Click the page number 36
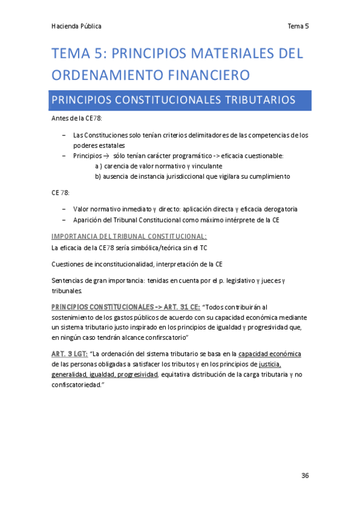305,476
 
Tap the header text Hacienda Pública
76,26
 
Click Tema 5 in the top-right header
298,26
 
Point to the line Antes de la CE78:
77,119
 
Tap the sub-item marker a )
99,166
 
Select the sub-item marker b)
99,177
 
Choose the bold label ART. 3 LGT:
70,354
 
